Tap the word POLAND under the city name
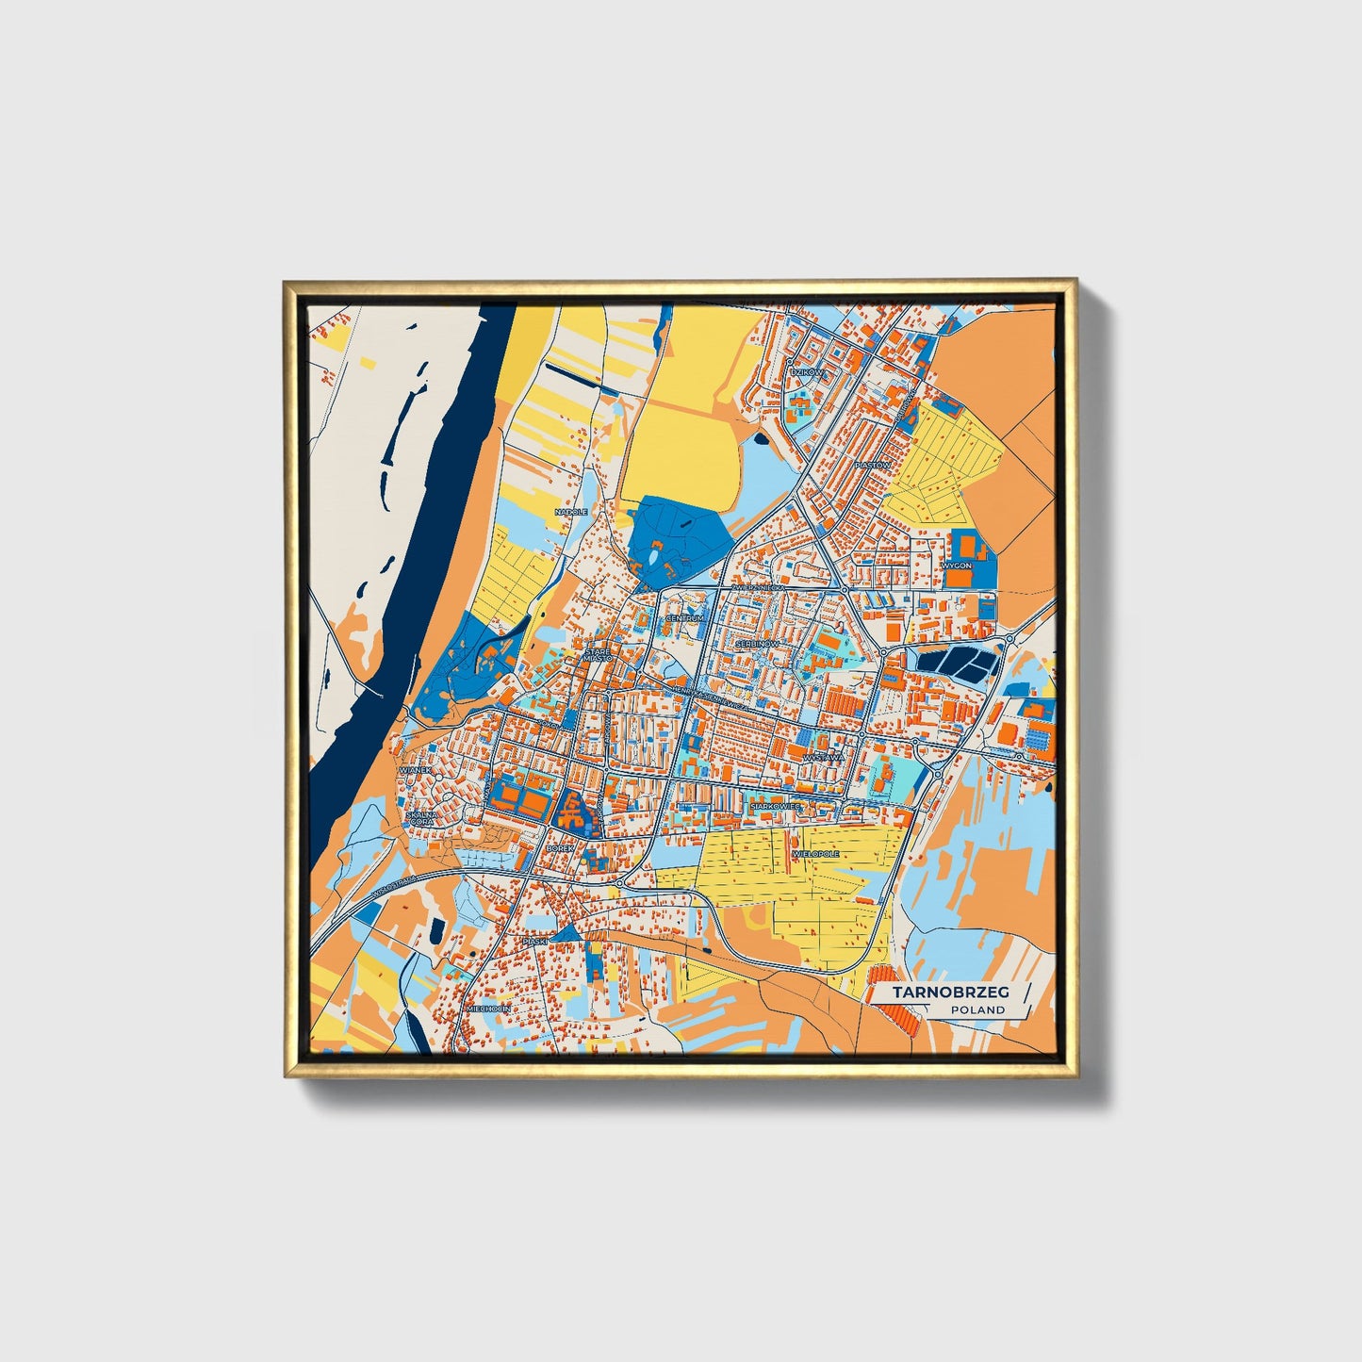click(977, 1009)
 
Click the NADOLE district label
click(571, 512)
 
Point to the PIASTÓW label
click(871, 465)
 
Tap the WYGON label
click(955, 566)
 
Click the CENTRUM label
click(684, 618)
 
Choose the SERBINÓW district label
click(758, 643)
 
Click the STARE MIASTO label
click(598, 655)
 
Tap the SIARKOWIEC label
click(775, 807)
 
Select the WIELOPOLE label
click(816, 853)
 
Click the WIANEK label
click(416, 770)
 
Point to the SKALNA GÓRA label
click(420, 818)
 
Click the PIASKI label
click(535, 941)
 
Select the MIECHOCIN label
click(488, 1009)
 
